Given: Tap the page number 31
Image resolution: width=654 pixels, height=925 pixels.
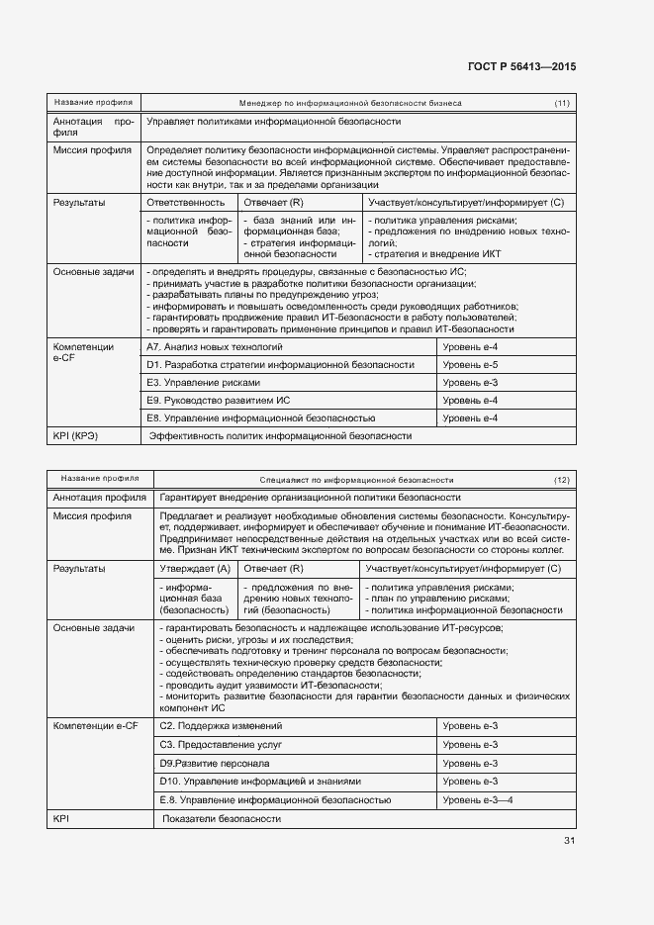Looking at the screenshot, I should [569, 841].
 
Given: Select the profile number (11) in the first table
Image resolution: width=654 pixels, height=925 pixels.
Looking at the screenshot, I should [561, 103].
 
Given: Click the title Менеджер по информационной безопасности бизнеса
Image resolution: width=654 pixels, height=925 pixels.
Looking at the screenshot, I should [350, 103].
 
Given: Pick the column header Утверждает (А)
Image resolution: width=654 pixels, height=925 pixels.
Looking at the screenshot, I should [195, 569].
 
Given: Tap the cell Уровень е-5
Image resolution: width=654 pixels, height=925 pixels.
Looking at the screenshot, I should [470, 365].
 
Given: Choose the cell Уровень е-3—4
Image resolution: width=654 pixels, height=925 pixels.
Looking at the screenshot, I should [478, 800].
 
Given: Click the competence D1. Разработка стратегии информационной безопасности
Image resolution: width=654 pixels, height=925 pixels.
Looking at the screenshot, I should [280, 365].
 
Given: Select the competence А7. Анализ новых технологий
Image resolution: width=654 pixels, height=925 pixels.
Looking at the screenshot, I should [215, 347].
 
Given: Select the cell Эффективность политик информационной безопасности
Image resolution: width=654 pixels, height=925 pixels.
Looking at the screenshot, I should [280, 436].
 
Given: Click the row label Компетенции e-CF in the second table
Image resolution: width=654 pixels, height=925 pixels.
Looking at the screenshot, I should [95, 727].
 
